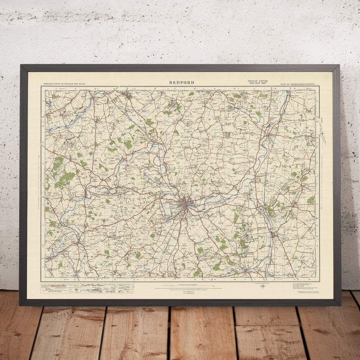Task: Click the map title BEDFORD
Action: tap(182, 82)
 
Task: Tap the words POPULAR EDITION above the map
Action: tap(258, 81)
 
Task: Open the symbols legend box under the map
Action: tap(88, 288)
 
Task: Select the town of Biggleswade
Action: tap(273, 232)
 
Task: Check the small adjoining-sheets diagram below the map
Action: tap(263, 287)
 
